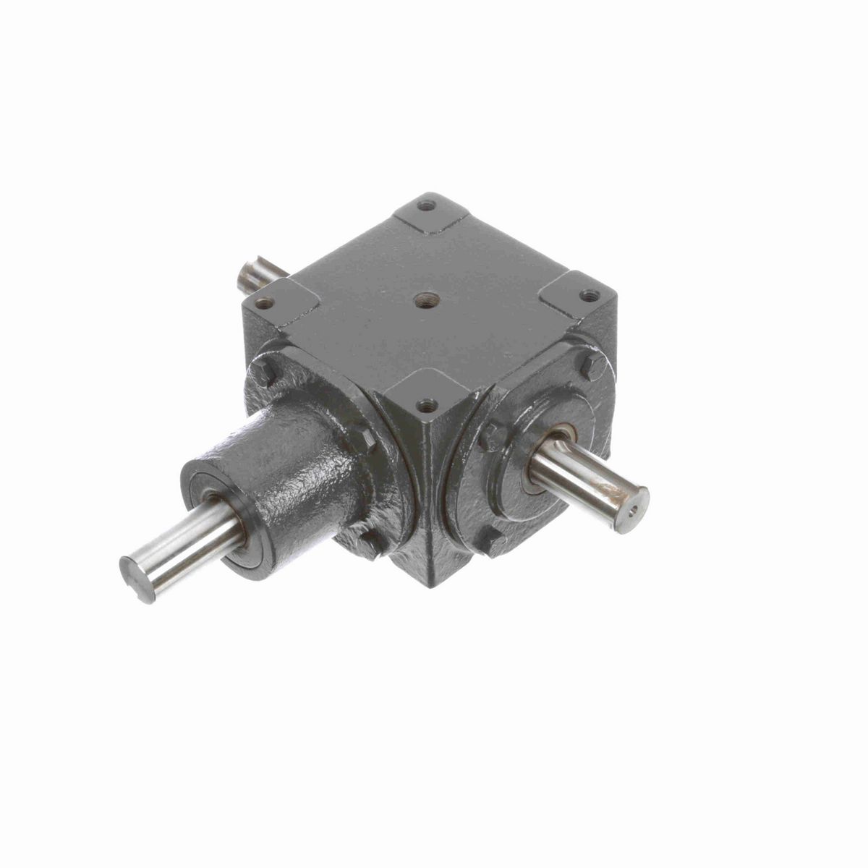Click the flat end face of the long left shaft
point(135,579)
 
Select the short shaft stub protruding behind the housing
point(257,273)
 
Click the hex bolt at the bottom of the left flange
point(369,544)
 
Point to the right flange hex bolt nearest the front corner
point(493,434)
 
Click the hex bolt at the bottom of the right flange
point(494,543)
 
